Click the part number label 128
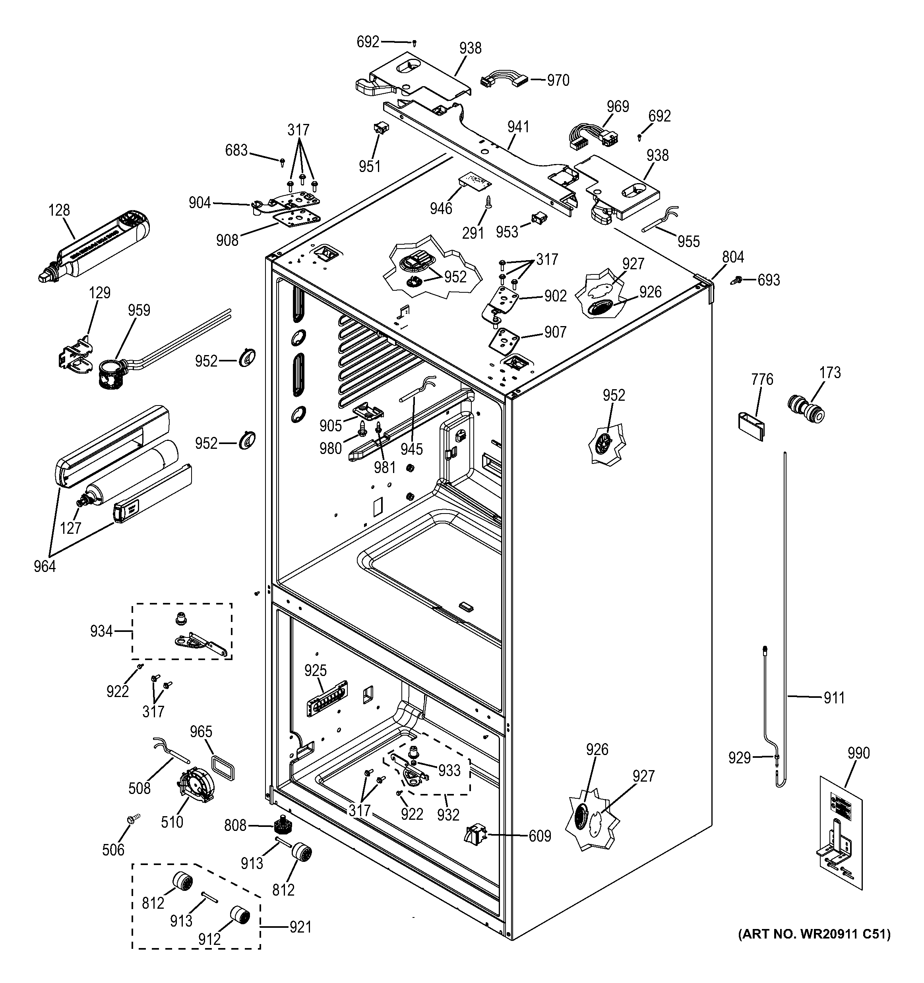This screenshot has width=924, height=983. coord(59,211)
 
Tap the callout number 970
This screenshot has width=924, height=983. coord(558,80)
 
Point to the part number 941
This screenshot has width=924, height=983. coord(518,127)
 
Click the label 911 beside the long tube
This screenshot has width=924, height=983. coord(834,698)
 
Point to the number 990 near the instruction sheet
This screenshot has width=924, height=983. coord(858,753)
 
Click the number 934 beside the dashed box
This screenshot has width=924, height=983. coord(101,632)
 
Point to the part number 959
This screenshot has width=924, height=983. coord(139,311)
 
